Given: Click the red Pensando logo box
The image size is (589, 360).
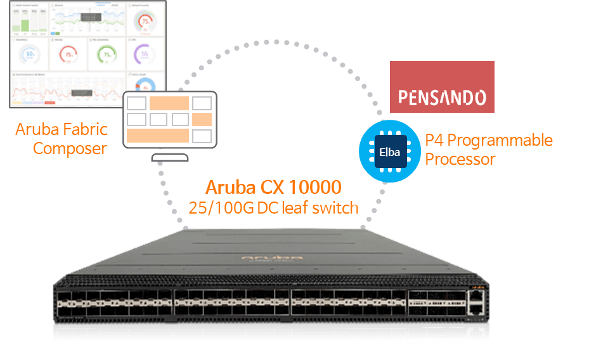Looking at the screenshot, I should pos(441,87).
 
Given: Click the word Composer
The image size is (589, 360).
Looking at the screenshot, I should pos(70,149).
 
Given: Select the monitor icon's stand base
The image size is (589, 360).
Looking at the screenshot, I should pos(169,158).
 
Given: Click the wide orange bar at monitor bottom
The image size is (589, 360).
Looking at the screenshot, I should pos(157,136).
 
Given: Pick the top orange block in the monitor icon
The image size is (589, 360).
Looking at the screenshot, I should pos(169,103).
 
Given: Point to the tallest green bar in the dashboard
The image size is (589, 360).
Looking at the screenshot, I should pos(25,25).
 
